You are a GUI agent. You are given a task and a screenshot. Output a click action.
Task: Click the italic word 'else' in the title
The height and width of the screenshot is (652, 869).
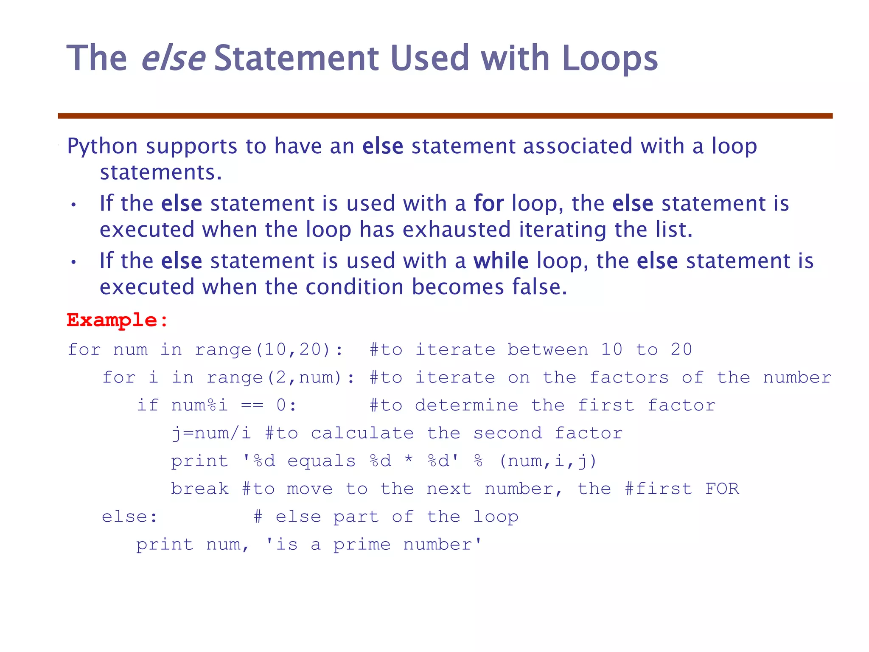coord(173,58)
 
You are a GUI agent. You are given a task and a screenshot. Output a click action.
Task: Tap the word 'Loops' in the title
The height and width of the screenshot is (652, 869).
coord(610,58)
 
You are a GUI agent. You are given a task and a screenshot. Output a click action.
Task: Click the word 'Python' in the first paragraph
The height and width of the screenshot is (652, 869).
coord(102,146)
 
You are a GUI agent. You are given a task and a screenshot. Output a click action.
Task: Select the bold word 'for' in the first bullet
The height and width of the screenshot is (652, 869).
coord(488,203)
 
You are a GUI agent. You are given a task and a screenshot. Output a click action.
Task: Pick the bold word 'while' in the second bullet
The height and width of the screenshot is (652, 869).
coord(501,261)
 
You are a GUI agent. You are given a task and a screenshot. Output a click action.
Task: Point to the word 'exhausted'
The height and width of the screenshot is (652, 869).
coord(456,230)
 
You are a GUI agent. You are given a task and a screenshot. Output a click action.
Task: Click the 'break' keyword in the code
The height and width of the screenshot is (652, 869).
coord(200,489)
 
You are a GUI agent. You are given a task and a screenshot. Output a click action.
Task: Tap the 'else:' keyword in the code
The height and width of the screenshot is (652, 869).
coord(129,517)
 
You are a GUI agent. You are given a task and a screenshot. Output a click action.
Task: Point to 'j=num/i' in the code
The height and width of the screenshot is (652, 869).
coord(211,433)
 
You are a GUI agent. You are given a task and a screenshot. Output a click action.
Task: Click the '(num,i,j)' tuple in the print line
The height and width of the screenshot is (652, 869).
coord(548,461)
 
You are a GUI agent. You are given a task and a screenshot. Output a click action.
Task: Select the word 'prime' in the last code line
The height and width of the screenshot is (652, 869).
coord(362,545)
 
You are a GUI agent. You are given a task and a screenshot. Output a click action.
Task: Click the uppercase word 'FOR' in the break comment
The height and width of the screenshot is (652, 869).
coord(722,489)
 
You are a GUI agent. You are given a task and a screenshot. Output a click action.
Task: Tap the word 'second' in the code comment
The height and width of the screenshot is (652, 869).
coord(507,433)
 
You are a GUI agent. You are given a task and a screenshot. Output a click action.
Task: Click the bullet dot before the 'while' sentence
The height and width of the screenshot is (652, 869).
coord(73,262)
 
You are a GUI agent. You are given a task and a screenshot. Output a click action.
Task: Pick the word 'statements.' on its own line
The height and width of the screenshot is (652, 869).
coord(161,173)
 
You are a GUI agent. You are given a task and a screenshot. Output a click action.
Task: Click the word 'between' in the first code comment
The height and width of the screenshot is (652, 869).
coord(548,350)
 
